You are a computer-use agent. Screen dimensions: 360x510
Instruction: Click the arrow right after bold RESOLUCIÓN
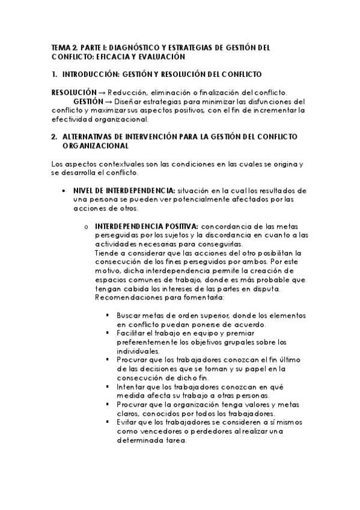point(102,92)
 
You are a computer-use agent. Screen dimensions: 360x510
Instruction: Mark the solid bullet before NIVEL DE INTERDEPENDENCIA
point(64,191)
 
